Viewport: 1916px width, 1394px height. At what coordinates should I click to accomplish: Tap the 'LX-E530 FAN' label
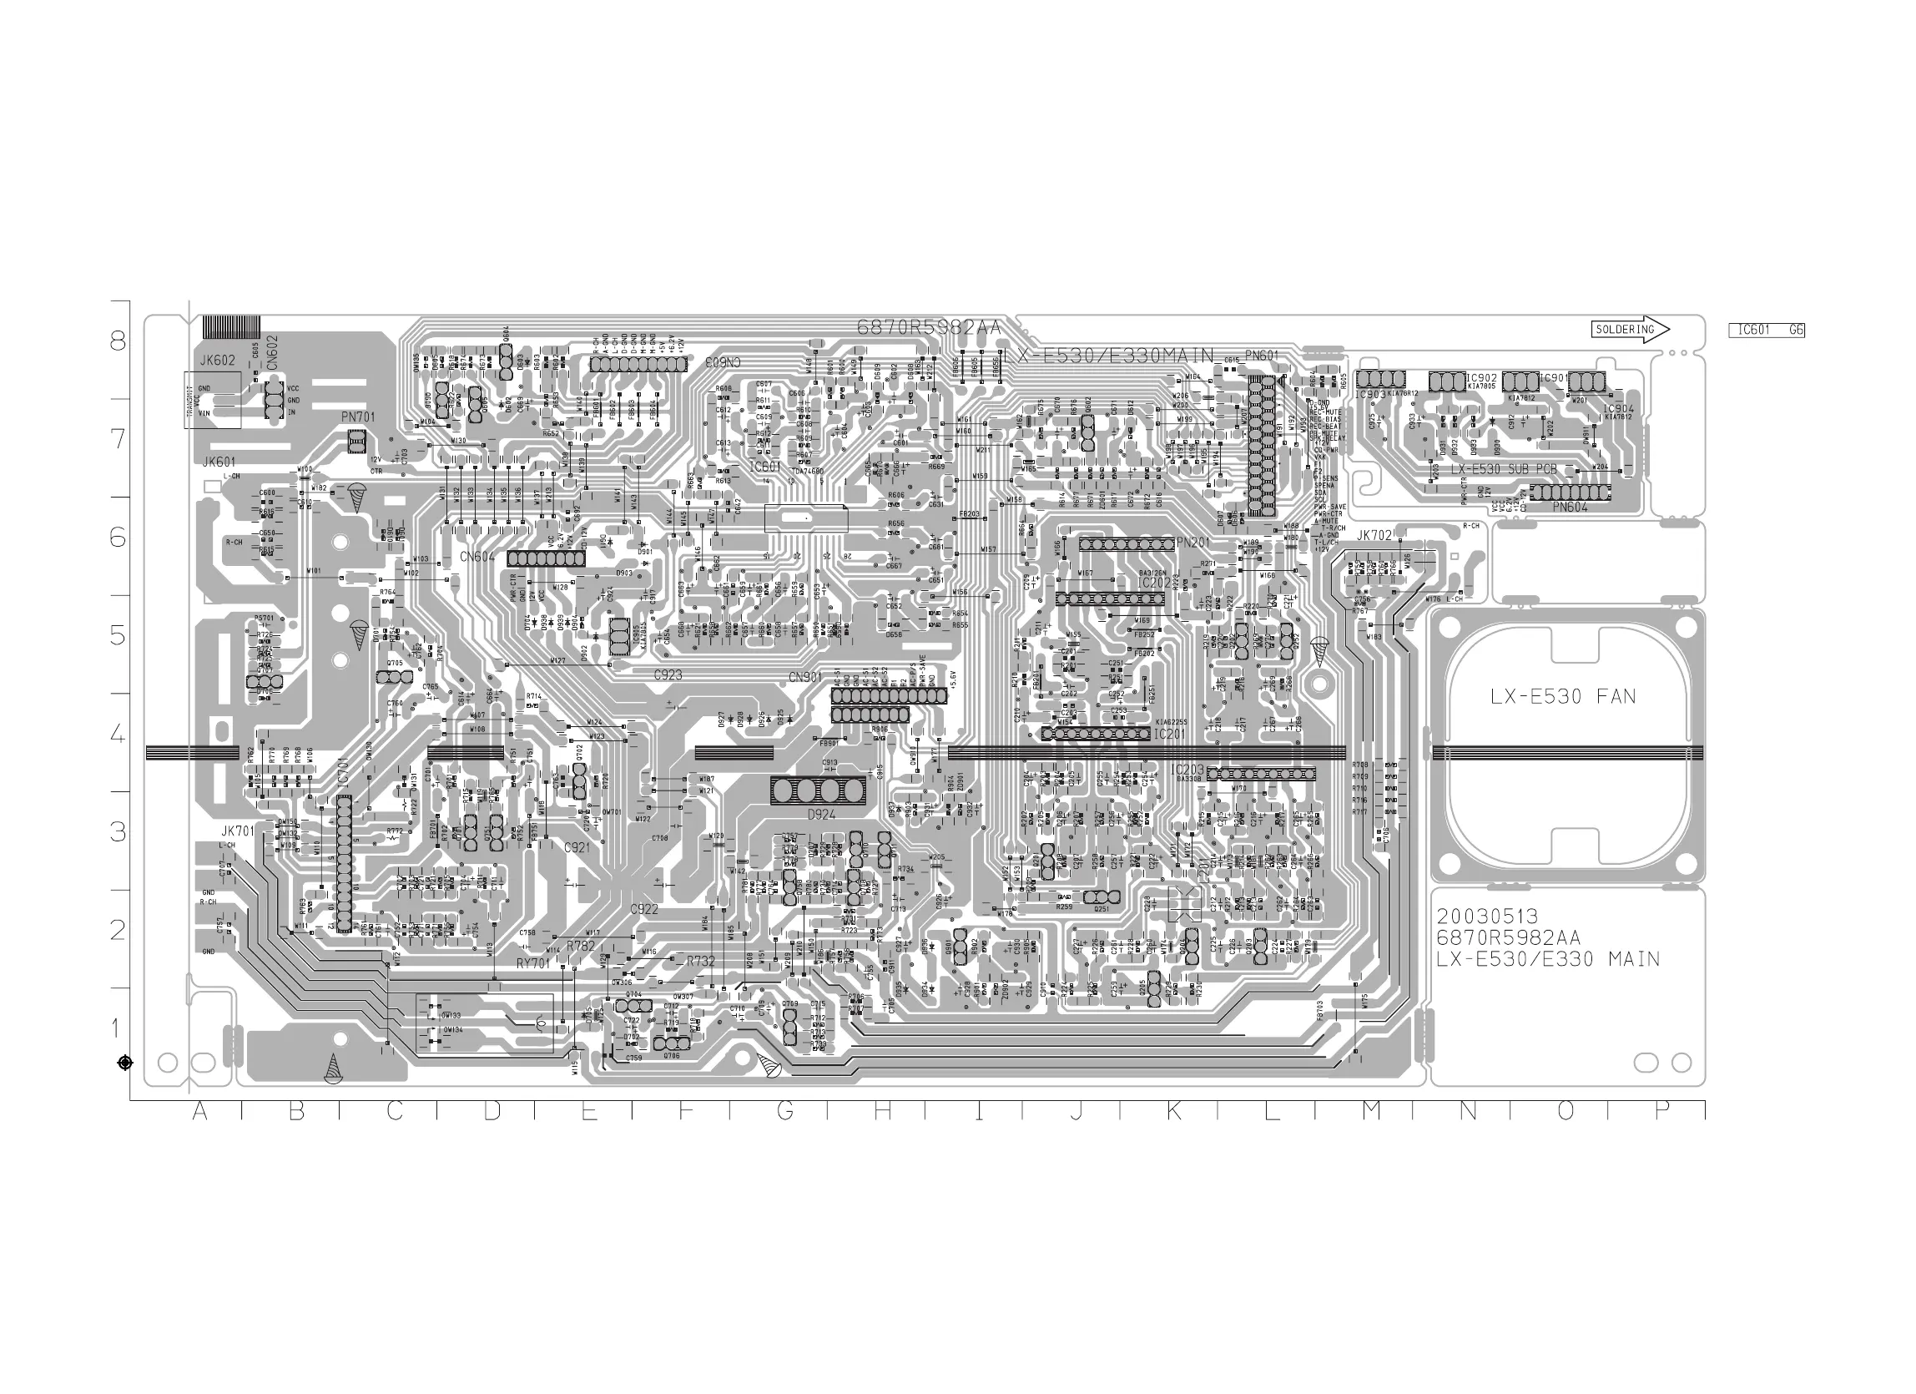(x=1562, y=697)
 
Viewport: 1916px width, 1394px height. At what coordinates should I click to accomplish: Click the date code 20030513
(x=1487, y=917)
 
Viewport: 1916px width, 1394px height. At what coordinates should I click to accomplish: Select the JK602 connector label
(x=217, y=361)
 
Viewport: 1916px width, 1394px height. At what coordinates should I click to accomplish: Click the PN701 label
(x=357, y=417)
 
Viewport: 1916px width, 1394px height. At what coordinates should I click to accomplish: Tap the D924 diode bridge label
(x=821, y=816)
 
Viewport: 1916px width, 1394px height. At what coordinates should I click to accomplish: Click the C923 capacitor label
(x=668, y=676)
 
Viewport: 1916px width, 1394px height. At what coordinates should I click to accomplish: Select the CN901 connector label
(x=805, y=678)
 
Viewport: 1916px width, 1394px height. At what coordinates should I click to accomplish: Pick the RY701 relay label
(x=533, y=963)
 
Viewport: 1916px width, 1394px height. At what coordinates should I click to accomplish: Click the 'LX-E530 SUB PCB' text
(x=1503, y=469)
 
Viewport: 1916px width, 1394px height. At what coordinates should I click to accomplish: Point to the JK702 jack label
(x=1374, y=536)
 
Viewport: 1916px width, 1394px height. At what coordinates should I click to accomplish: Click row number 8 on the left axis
(x=118, y=341)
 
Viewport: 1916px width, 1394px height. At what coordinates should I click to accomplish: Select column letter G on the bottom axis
(x=784, y=1113)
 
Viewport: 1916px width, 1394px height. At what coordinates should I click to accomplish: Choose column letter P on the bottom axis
(x=1661, y=1113)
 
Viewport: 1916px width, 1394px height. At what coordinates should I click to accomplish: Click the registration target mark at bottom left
(x=125, y=1063)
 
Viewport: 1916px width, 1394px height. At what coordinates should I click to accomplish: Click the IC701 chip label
(x=342, y=772)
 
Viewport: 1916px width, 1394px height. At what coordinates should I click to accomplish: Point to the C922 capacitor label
(x=643, y=909)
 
